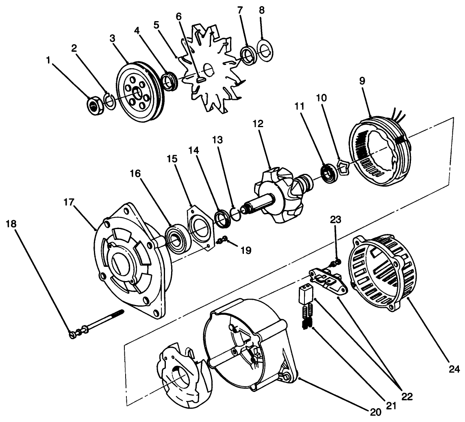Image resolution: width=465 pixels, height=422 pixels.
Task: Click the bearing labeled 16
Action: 177,240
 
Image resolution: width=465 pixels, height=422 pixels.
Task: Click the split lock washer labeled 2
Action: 110,101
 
